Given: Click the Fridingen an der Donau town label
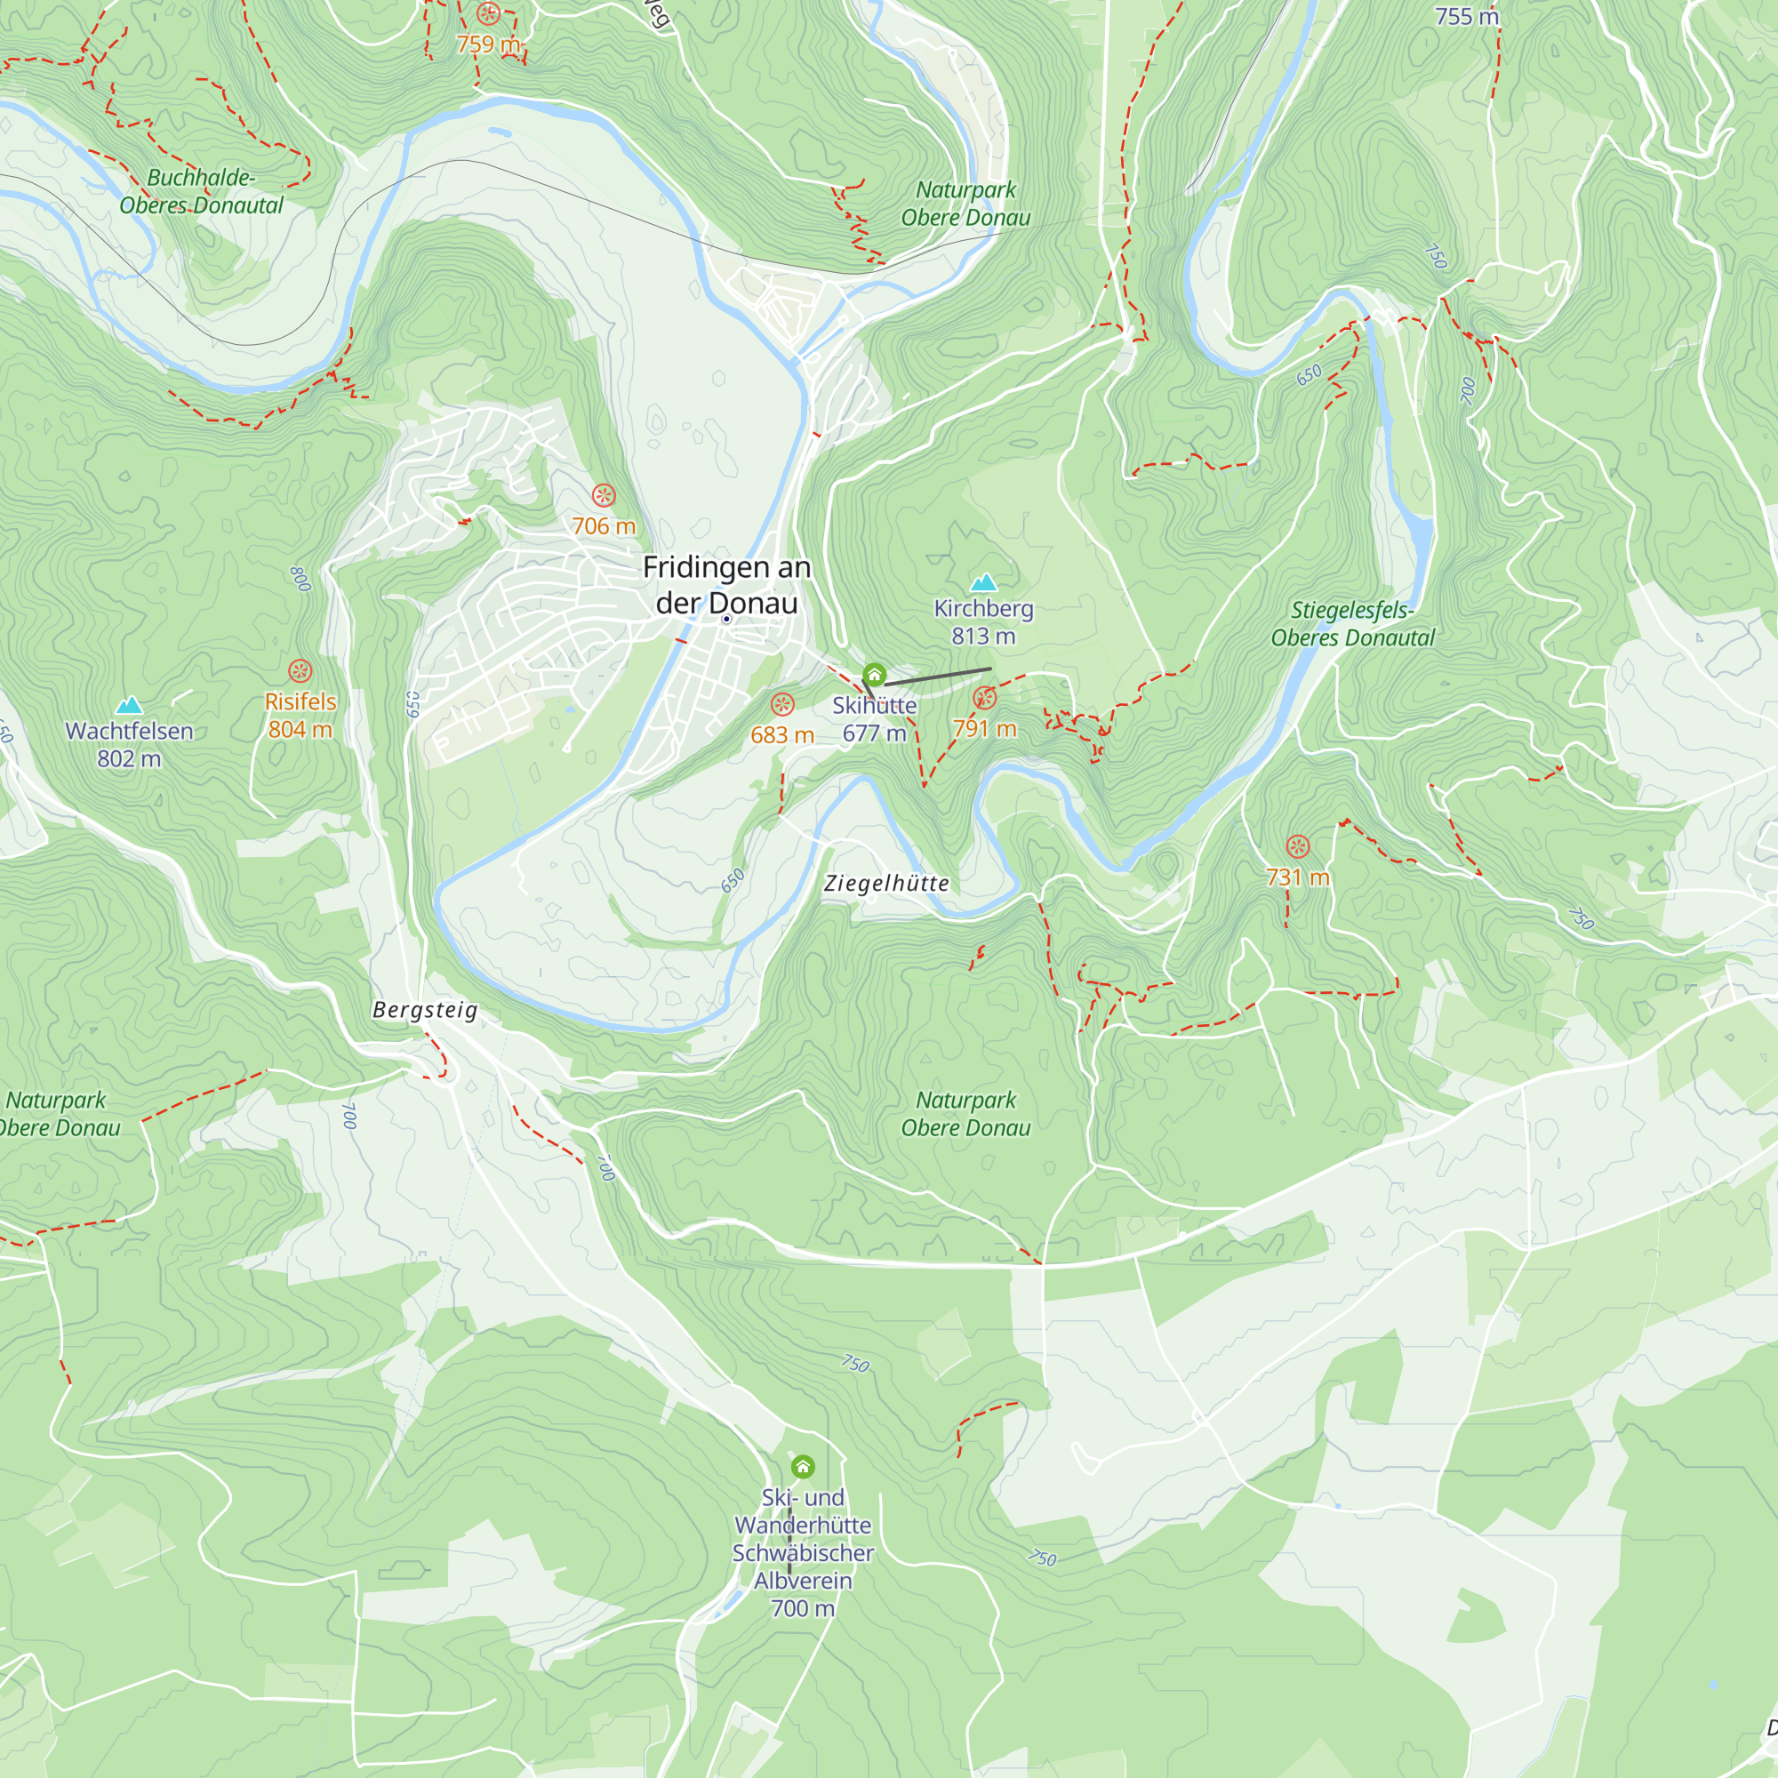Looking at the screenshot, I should [x=726, y=584].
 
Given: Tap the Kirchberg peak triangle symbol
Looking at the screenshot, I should [x=984, y=581].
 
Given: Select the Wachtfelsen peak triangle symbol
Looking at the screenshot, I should [x=129, y=705].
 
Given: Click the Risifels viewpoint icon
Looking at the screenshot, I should [x=300, y=670].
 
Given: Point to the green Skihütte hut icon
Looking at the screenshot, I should [x=874, y=675].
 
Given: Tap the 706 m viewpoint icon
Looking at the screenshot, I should [x=604, y=495].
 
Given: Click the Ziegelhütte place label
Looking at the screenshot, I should [x=886, y=884].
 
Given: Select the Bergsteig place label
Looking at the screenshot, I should [x=425, y=1010].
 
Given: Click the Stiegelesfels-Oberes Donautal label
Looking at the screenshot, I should [x=1352, y=623].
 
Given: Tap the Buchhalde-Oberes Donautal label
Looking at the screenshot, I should [x=201, y=190].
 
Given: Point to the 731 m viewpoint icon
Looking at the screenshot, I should [x=1298, y=845].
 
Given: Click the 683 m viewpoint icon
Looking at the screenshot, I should [x=782, y=704].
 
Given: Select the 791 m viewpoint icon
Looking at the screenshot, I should [x=985, y=698].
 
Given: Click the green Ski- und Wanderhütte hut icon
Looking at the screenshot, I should [x=803, y=1466].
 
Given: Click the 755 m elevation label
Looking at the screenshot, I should [x=1467, y=17].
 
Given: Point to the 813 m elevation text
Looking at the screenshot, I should [x=983, y=636].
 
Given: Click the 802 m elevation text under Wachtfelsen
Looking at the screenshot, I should [x=129, y=758].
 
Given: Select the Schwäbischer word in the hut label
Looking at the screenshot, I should [x=803, y=1552].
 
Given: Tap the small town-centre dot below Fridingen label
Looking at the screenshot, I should [x=726, y=620].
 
